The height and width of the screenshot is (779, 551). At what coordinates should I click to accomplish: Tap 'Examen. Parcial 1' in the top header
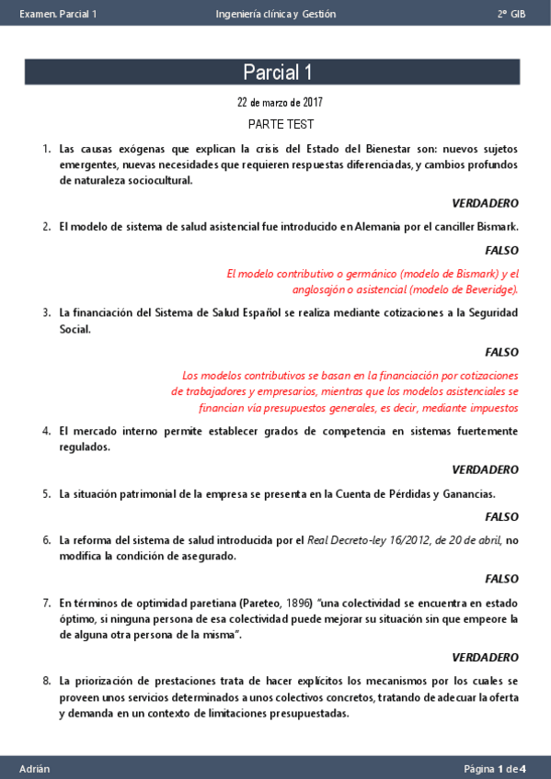point(57,14)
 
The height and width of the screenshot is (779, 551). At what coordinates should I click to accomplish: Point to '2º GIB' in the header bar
point(511,14)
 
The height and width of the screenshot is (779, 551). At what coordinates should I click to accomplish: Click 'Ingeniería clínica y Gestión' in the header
point(275,14)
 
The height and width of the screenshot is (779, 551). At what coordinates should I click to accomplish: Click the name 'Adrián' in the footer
point(35,768)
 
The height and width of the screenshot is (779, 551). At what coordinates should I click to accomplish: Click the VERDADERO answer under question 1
point(485,203)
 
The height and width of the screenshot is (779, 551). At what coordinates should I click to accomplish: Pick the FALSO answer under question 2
point(501,250)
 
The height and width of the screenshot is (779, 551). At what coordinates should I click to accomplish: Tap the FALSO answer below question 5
point(501,517)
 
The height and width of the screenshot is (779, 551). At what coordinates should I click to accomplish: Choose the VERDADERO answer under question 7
point(485,658)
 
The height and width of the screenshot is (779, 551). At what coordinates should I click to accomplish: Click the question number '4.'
point(46,430)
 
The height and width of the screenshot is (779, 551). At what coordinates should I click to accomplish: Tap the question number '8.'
point(46,682)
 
